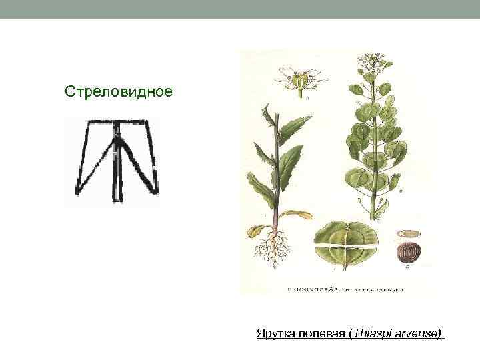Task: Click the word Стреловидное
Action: [x=118, y=91]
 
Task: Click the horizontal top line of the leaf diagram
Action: [x=119, y=122]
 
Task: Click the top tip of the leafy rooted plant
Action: [x=266, y=106]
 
